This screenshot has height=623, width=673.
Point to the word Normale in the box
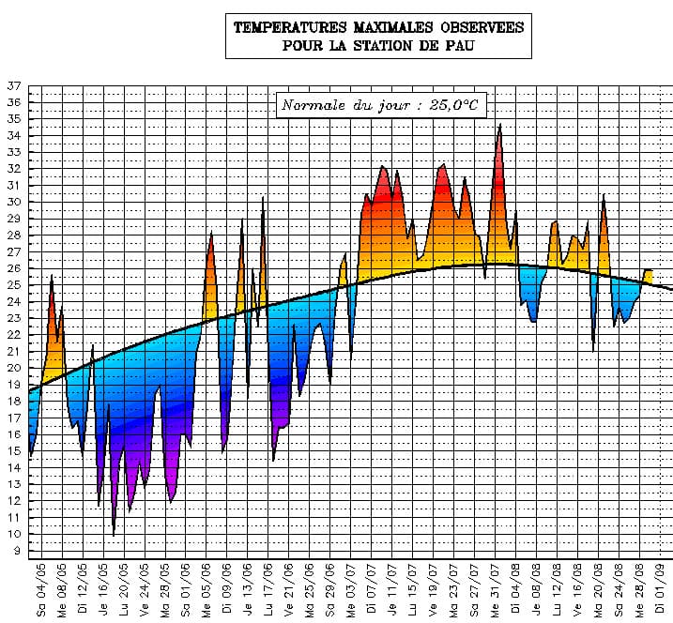[314, 104]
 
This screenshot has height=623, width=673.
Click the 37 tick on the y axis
[14, 85]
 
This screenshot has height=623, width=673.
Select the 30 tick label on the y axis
[14, 202]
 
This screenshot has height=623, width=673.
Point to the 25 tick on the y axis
[14, 285]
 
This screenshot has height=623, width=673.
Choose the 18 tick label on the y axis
[14, 402]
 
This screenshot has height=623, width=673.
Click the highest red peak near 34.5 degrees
[499, 126]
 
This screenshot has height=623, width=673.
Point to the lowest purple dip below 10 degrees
[114, 534]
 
